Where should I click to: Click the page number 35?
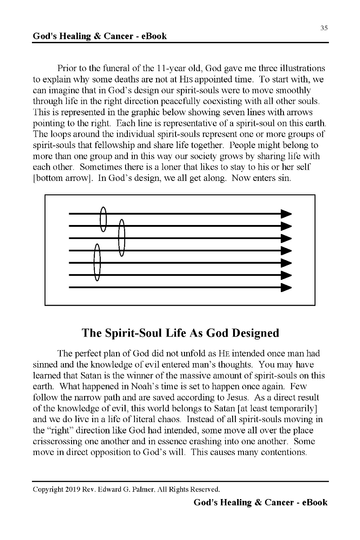point(324,28)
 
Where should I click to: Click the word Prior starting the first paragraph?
point(68,68)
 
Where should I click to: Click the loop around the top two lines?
point(103,219)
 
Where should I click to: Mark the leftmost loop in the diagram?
point(97,262)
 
